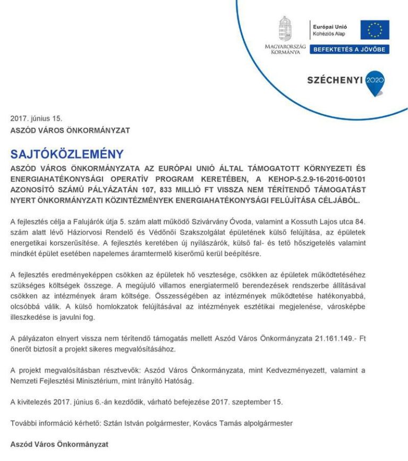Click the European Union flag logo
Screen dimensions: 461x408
pyautogui.click(x=375, y=30)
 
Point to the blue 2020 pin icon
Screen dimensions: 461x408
pyautogui.click(x=375, y=82)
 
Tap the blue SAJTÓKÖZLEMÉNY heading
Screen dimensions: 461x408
pyautogui.click(x=67, y=155)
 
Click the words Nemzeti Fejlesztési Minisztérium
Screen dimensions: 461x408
pyautogui.click(x=71, y=381)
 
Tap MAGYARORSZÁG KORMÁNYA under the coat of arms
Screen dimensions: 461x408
pyautogui.click(x=285, y=49)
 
